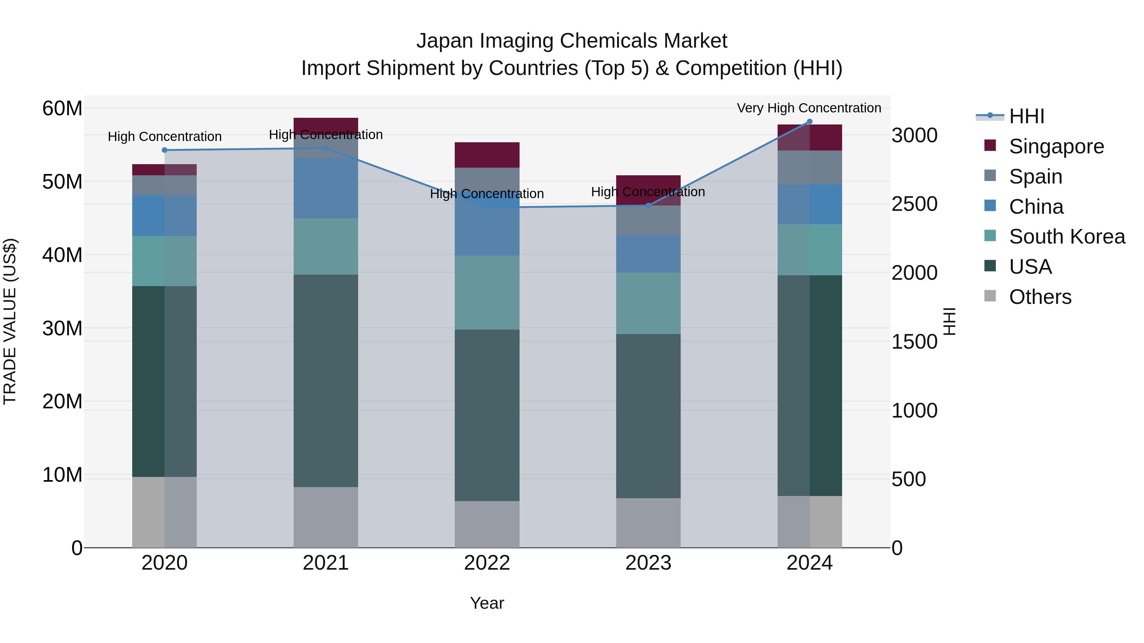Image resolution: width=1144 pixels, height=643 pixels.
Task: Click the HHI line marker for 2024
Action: tap(809, 122)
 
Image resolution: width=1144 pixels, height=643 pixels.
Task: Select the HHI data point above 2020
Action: tap(164, 150)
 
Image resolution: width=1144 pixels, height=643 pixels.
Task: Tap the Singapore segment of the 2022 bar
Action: tap(487, 155)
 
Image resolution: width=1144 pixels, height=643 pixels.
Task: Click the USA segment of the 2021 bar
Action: tap(325, 381)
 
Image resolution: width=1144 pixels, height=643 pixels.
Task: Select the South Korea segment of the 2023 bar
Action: tap(648, 303)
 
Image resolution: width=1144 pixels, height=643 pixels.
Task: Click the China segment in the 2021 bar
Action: tap(325, 188)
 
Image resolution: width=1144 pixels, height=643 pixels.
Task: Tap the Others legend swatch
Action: tap(990, 296)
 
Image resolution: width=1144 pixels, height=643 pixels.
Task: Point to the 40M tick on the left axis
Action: tap(62, 255)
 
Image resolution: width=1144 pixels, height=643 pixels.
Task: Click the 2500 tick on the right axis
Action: tap(914, 204)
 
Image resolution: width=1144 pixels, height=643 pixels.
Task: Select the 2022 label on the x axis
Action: tap(487, 563)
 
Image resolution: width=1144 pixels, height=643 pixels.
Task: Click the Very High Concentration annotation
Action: tap(809, 108)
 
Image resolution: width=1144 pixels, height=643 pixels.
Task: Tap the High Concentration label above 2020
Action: tap(164, 137)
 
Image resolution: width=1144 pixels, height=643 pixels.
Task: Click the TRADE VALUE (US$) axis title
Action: tap(10, 321)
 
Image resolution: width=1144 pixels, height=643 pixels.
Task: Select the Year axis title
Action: tap(487, 603)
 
